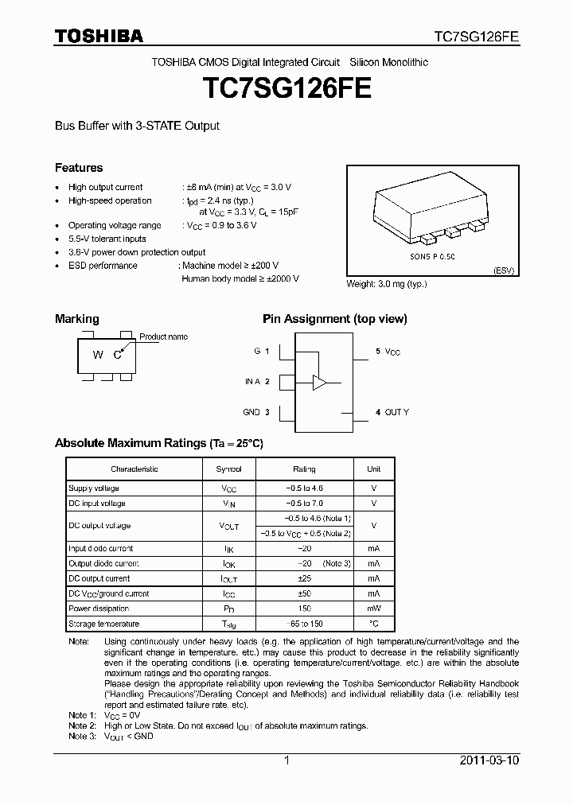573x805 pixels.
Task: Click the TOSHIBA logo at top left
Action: click(99, 36)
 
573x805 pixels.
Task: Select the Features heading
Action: click(78, 168)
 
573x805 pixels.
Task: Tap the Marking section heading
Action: click(76, 319)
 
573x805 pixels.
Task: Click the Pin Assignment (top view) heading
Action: click(334, 319)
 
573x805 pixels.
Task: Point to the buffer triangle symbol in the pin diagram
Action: click(320, 382)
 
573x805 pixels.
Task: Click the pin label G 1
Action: click(262, 351)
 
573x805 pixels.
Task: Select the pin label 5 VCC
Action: click(388, 351)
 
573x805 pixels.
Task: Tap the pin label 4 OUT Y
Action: click(392, 412)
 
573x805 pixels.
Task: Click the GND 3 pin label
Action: click(256, 412)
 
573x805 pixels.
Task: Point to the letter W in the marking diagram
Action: click(98, 356)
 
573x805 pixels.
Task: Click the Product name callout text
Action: click(163, 336)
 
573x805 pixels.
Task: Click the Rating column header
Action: click(304, 469)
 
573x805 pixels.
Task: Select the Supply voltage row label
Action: click(94, 488)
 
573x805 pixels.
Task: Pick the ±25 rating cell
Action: click(304, 578)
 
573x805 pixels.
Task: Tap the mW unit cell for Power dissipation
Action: click(373, 609)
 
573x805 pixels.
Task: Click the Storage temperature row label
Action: click(103, 624)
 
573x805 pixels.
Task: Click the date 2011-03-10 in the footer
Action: click(489, 760)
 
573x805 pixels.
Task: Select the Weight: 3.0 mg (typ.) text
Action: click(387, 284)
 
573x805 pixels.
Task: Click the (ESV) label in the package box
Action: click(504, 270)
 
